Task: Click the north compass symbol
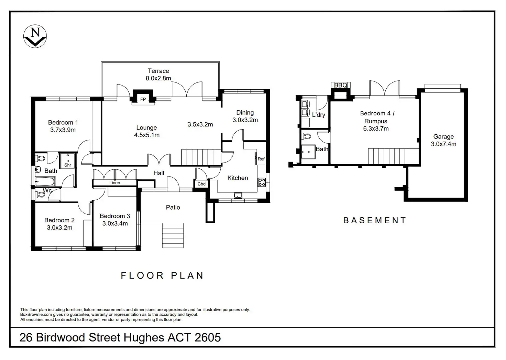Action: pyautogui.click(x=35, y=36)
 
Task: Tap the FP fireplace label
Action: pyautogui.click(x=143, y=99)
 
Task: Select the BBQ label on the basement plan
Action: pyautogui.click(x=341, y=85)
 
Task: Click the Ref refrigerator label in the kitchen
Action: pyautogui.click(x=261, y=159)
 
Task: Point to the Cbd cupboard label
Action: pyautogui.click(x=201, y=184)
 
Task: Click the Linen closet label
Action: pyautogui.click(x=114, y=183)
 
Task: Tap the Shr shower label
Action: pyautogui.click(x=67, y=165)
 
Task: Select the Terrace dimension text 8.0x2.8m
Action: pyautogui.click(x=158, y=78)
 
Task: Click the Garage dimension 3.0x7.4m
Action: pyautogui.click(x=443, y=144)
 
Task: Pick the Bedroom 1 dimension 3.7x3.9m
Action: pyautogui.click(x=63, y=130)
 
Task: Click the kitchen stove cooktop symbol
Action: pyautogui.click(x=262, y=182)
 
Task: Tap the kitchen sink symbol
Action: pyautogui.click(x=238, y=195)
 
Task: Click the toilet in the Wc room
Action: pyautogui.click(x=40, y=194)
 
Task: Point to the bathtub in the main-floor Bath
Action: pyautogui.click(x=45, y=181)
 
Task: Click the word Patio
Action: pyautogui.click(x=173, y=207)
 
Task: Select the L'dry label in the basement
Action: pyautogui.click(x=319, y=115)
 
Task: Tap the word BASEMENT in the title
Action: pyautogui.click(x=375, y=221)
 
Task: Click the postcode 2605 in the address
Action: pyautogui.click(x=208, y=338)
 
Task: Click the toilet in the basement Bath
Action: pyautogui.click(x=307, y=136)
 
